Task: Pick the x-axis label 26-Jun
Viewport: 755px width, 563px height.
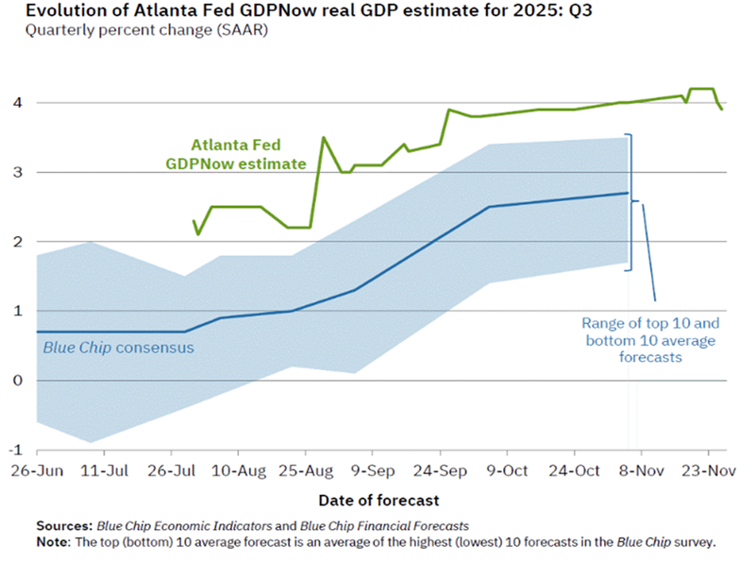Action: click(36, 470)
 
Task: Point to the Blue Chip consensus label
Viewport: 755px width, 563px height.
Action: click(118, 348)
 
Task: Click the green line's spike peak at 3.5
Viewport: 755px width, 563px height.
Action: click(324, 138)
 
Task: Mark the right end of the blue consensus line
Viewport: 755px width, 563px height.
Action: click(628, 193)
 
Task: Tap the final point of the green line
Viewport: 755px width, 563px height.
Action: click(723, 110)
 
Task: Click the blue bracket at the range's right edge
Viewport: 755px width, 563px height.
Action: click(630, 202)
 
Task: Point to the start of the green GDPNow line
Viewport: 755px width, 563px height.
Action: click(193, 221)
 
